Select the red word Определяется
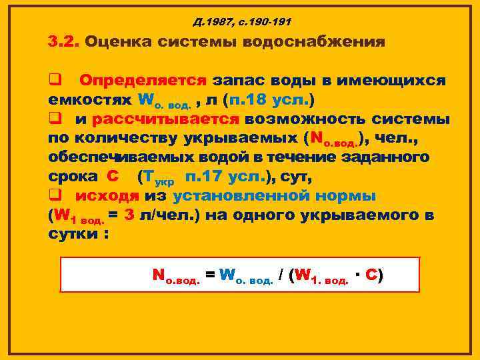point(143,81)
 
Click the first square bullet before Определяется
point(55,81)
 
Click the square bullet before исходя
point(55,197)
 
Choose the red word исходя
point(106,197)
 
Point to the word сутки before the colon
point(73,235)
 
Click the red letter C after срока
point(113,177)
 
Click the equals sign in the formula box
point(209,275)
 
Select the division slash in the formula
point(283,275)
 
